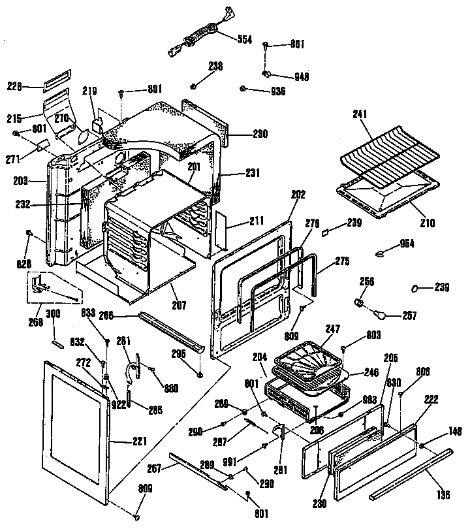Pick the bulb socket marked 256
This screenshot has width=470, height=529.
click(x=360, y=303)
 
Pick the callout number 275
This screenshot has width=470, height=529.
click(x=341, y=262)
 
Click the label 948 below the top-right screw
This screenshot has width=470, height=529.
click(x=301, y=76)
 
